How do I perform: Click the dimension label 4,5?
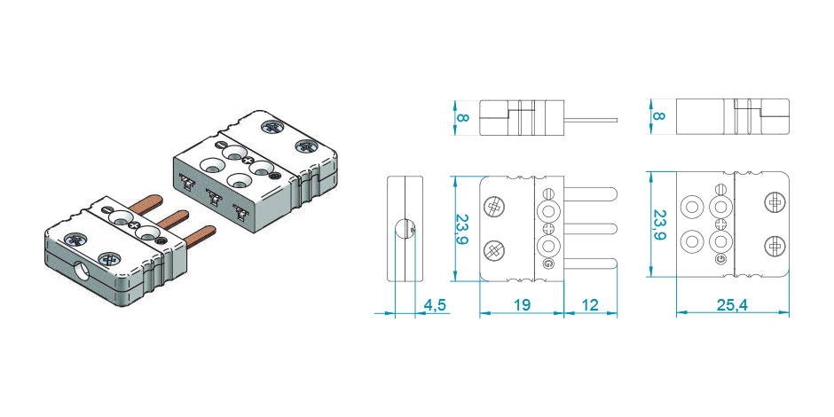[434, 305]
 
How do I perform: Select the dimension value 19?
[522, 305]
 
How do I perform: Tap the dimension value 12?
[590, 305]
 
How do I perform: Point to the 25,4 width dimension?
[732, 305]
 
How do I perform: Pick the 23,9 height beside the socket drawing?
[659, 224]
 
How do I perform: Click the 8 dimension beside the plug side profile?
[463, 117]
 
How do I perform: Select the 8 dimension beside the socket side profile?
[658, 116]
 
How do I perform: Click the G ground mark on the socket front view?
[720, 259]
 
